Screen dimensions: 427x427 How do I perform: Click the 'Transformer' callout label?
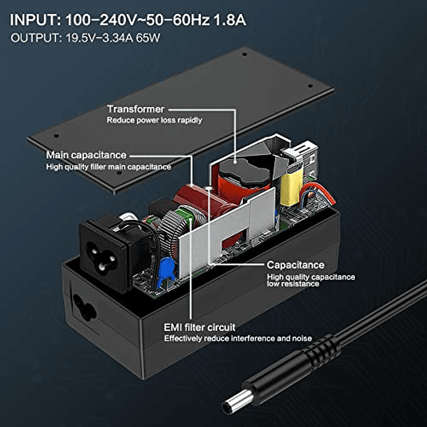(x=135, y=109)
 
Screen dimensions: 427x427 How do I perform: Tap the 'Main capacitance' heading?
(x=86, y=155)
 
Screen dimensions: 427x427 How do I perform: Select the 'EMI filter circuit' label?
(x=199, y=327)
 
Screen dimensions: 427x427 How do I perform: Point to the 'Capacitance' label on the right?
(x=295, y=265)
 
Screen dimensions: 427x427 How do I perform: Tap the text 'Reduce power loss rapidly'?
(x=155, y=120)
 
